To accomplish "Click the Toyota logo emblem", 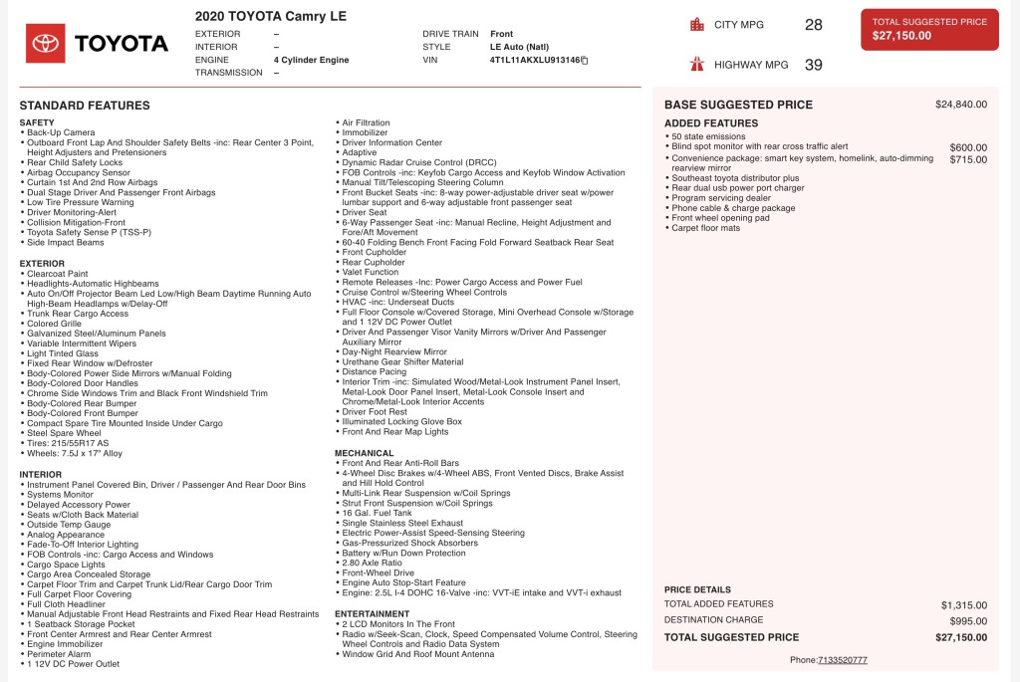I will pos(46,43).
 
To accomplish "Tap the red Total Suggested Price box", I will pos(929,29).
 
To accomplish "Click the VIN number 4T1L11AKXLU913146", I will pos(534,60).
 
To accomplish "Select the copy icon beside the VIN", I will pos(585,61).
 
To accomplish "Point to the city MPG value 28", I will pos(813,25).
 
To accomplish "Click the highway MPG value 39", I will pos(813,65).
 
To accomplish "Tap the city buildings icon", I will pos(696,25).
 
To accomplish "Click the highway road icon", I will pos(696,65).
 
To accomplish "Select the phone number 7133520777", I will pos(842,660).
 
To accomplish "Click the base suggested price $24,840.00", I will pos(960,105).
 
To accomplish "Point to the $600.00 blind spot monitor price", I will pos(968,147).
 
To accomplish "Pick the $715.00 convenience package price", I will pos(968,159).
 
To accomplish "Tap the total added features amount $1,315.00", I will pos(963,604).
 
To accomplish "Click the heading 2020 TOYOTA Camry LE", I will pos(271,17).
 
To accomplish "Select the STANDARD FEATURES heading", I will pos(85,106).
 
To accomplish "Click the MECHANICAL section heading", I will pos(365,453).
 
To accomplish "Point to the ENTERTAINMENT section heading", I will pos(373,613).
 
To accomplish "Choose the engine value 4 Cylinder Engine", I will pos(311,60).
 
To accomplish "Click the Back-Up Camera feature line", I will pos(61,132).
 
